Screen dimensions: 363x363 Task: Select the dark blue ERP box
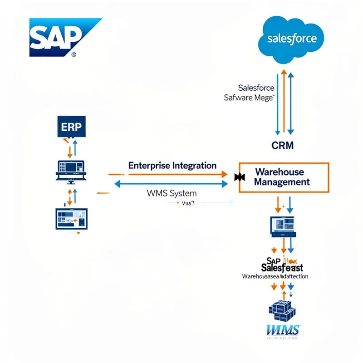[72, 127]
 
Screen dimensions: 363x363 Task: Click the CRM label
[282, 146]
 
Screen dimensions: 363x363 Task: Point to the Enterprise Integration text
[172, 165]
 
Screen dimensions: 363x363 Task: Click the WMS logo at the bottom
[282, 329]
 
